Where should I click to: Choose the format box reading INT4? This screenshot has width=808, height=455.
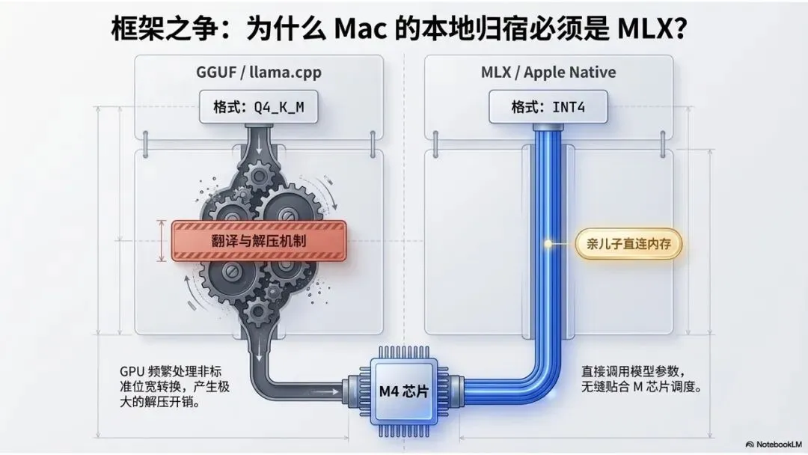click(x=548, y=107)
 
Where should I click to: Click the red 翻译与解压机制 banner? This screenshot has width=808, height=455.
click(x=260, y=241)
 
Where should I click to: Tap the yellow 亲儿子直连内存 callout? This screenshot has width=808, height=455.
click(x=629, y=243)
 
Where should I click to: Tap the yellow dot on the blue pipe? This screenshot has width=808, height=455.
click(x=548, y=243)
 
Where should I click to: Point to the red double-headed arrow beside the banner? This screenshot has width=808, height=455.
click(x=162, y=240)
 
